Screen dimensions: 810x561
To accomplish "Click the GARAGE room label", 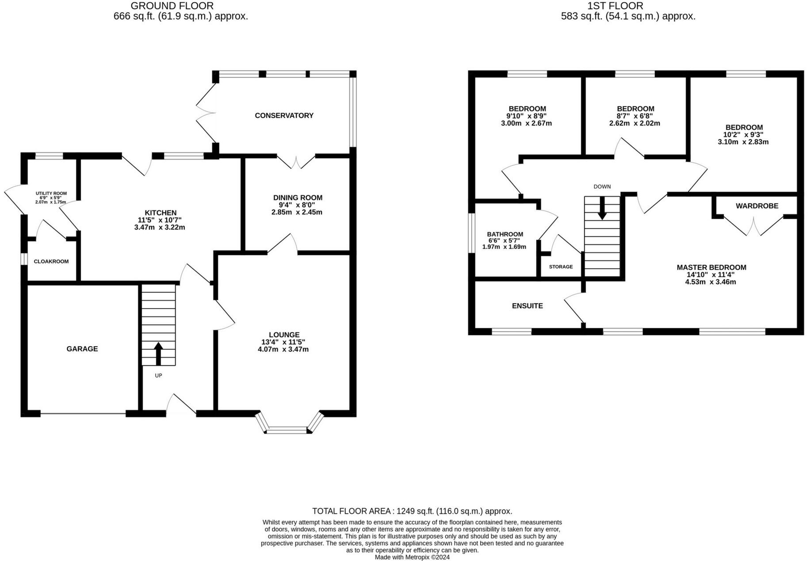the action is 82,349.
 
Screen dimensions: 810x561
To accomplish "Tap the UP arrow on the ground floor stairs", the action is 158,354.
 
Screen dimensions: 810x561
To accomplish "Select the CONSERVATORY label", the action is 284,115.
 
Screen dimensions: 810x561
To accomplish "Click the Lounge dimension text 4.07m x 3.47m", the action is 283,349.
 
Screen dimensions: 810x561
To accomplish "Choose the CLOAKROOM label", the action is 51,261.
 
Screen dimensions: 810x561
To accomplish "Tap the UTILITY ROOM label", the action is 51,193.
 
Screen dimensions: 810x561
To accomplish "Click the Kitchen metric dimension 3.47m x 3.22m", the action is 160,227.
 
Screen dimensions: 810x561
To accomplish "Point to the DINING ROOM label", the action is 298,198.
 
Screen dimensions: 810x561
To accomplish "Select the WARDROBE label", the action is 757,206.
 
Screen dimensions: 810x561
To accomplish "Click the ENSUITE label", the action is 527,306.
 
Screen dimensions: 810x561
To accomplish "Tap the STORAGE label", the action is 561,267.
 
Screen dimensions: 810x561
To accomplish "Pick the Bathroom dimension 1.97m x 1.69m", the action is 504,247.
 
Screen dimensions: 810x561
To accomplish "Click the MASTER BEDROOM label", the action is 711,267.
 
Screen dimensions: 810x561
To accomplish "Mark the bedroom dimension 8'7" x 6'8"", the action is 635,116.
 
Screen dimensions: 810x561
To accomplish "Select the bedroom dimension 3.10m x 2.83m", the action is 743,142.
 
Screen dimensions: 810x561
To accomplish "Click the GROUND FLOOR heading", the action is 172,6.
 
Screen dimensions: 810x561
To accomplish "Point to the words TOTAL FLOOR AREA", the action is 352,511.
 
